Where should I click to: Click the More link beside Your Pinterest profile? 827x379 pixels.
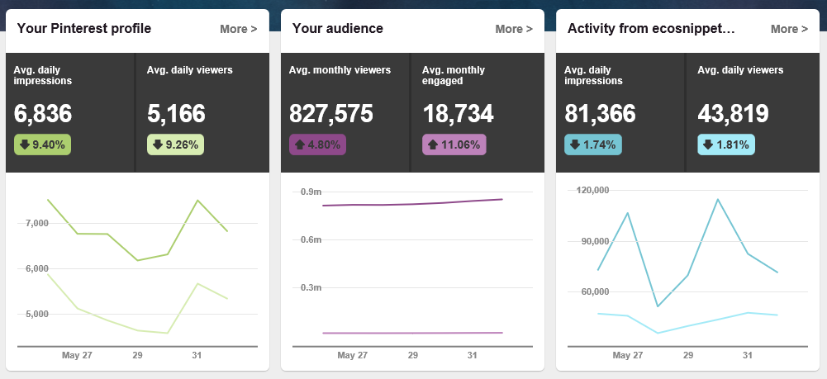tap(238, 29)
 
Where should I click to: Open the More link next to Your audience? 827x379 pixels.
tap(513, 29)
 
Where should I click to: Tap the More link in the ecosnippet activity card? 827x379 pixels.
tap(789, 29)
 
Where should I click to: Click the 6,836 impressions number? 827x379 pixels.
tap(43, 113)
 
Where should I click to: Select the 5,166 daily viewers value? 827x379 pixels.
tap(176, 113)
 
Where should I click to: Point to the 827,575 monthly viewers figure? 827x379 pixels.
tap(331, 113)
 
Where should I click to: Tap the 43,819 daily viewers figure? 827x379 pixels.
tap(733, 113)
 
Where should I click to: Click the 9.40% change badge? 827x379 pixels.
tap(42, 144)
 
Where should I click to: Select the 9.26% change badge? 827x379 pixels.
tap(175, 144)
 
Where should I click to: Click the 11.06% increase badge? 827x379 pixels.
tap(454, 144)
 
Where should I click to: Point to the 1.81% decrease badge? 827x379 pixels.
tap(725, 144)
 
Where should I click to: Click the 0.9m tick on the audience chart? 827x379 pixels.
tap(311, 192)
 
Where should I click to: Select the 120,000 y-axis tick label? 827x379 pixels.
tap(589, 190)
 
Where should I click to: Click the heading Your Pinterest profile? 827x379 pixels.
tap(83, 29)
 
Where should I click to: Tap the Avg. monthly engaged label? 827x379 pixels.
tap(454, 75)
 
